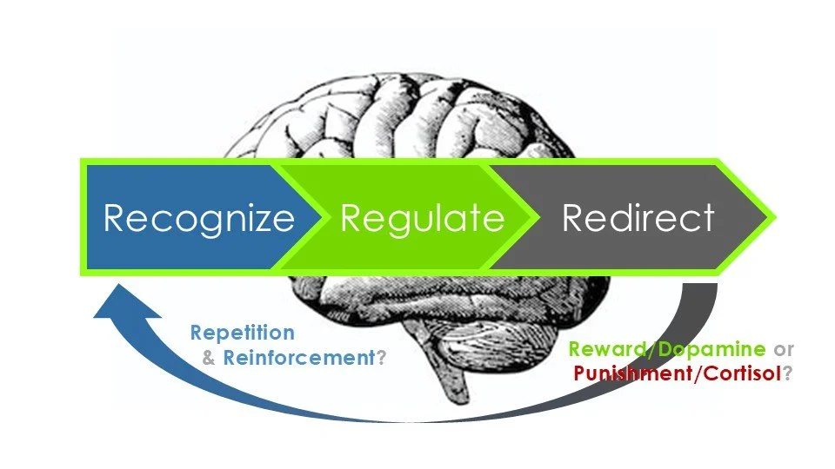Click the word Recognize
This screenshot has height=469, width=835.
[x=199, y=217]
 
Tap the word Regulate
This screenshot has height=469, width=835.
[x=422, y=217]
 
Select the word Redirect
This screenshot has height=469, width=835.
[x=638, y=217]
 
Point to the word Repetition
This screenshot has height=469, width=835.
[x=242, y=333]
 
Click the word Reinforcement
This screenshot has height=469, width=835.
[x=298, y=358]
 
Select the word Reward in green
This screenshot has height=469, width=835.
[x=608, y=350]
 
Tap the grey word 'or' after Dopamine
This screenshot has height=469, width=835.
[x=784, y=350]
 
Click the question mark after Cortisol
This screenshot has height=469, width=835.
[x=788, y=374]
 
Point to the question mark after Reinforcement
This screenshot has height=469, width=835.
[x=379, y=358]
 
